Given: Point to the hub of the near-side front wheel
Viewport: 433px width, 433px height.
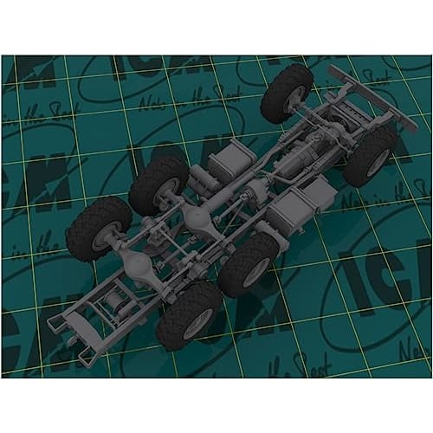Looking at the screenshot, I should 378,162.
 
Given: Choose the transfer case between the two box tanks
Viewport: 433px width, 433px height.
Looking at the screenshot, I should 256,192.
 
